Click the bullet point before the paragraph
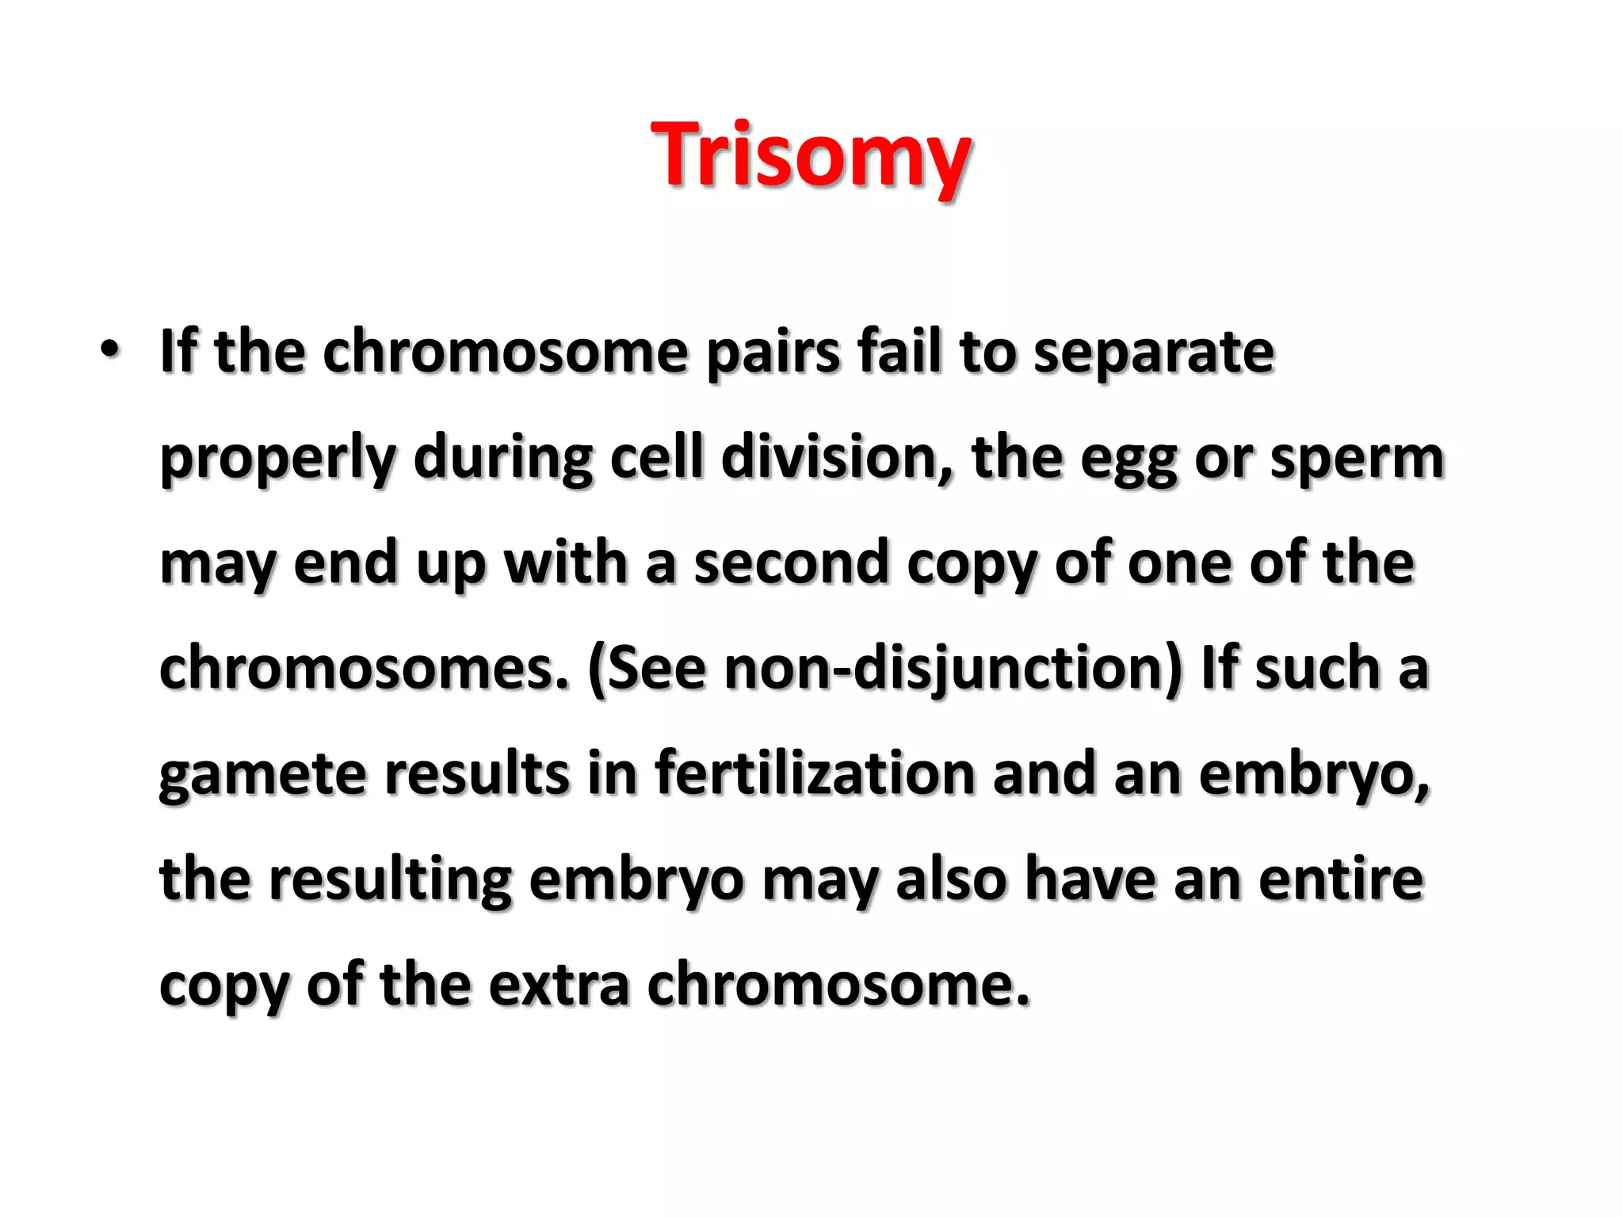click(109, 349)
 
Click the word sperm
click(1357, 459)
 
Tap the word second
click(792, 563)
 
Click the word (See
click(646, 669)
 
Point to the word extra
click(559, 984)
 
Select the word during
click(502, 459)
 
